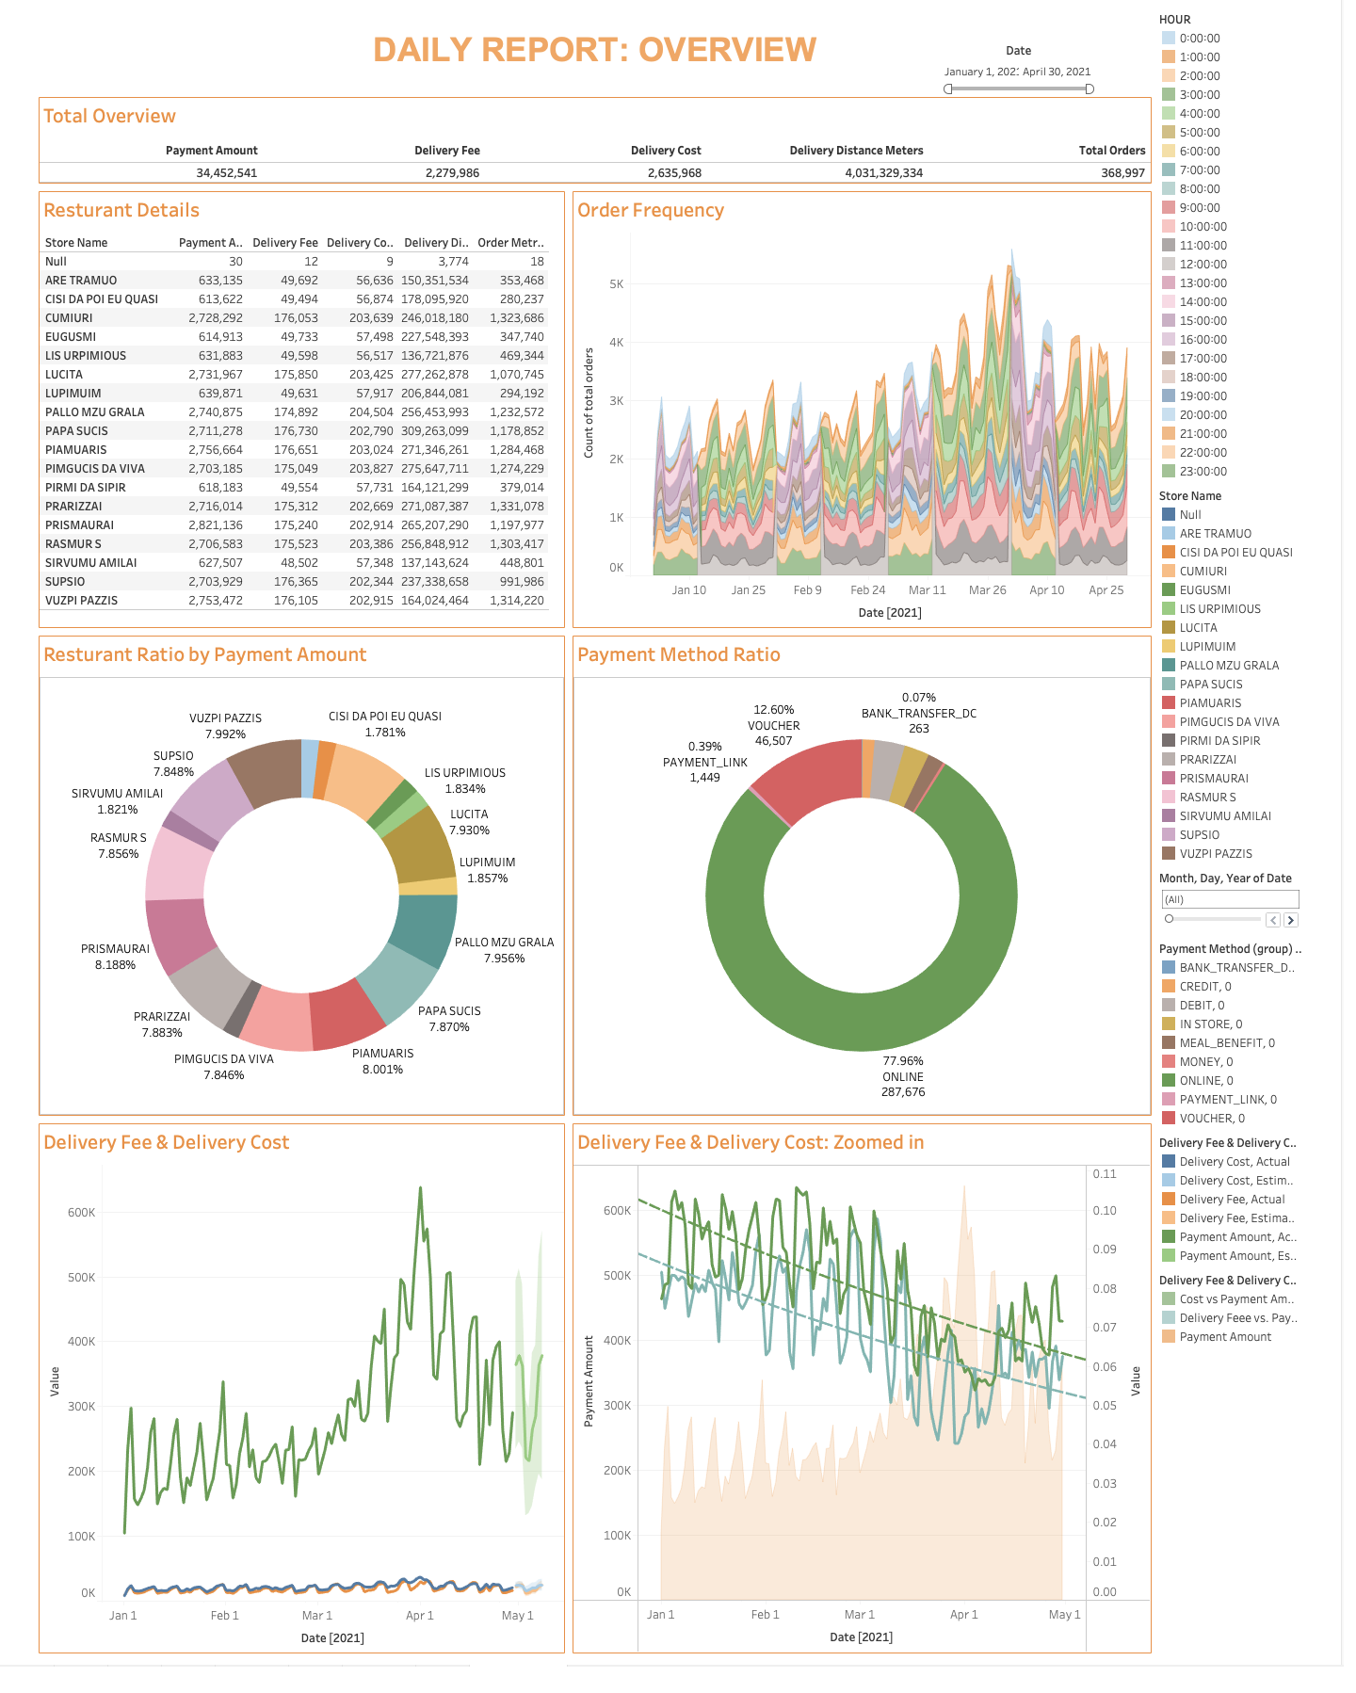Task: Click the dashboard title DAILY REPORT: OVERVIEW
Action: point(594,50)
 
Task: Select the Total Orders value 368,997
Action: point(1122,173)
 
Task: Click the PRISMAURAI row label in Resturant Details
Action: point(79,525)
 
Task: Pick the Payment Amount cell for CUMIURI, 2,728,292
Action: point(216,318)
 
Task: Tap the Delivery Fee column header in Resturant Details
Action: point(284,243)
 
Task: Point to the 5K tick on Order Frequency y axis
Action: point(617,284)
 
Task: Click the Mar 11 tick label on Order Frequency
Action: point(927,590)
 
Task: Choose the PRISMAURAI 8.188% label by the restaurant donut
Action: point(115,957)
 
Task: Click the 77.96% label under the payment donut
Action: point(903,1061)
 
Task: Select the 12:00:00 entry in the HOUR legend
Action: point(1203,265)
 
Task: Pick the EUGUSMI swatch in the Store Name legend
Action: point(1169,590)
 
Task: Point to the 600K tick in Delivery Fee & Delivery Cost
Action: point(82,1213)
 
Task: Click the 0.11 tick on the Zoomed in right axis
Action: point(1105,1174)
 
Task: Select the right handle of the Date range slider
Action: point(1090,89)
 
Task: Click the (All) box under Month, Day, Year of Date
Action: point(1229,899)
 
